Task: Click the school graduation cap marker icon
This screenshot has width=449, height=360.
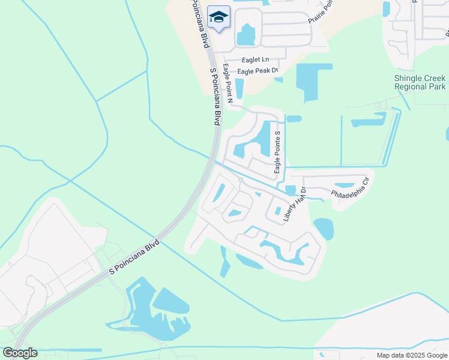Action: [x=218, y=17]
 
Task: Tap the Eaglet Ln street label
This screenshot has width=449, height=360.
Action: [x=255, y=59]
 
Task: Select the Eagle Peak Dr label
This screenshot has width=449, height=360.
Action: [x=258, y=71]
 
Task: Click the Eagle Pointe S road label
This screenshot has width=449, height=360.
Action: [x=277, y=152]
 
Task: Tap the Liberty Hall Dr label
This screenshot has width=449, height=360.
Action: [x=295, y=205]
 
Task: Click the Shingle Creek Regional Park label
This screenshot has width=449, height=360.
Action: [x=420, y=82]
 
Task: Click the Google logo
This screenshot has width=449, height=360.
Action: [x=20, y=352]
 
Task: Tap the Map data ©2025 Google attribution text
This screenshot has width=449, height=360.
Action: [x=411, y=355]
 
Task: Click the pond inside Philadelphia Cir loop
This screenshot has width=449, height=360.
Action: [x=345, y=186]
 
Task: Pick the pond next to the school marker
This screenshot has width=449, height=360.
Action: [x=246, y=35]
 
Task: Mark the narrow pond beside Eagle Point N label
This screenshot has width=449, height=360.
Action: [x=240, y=88]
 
